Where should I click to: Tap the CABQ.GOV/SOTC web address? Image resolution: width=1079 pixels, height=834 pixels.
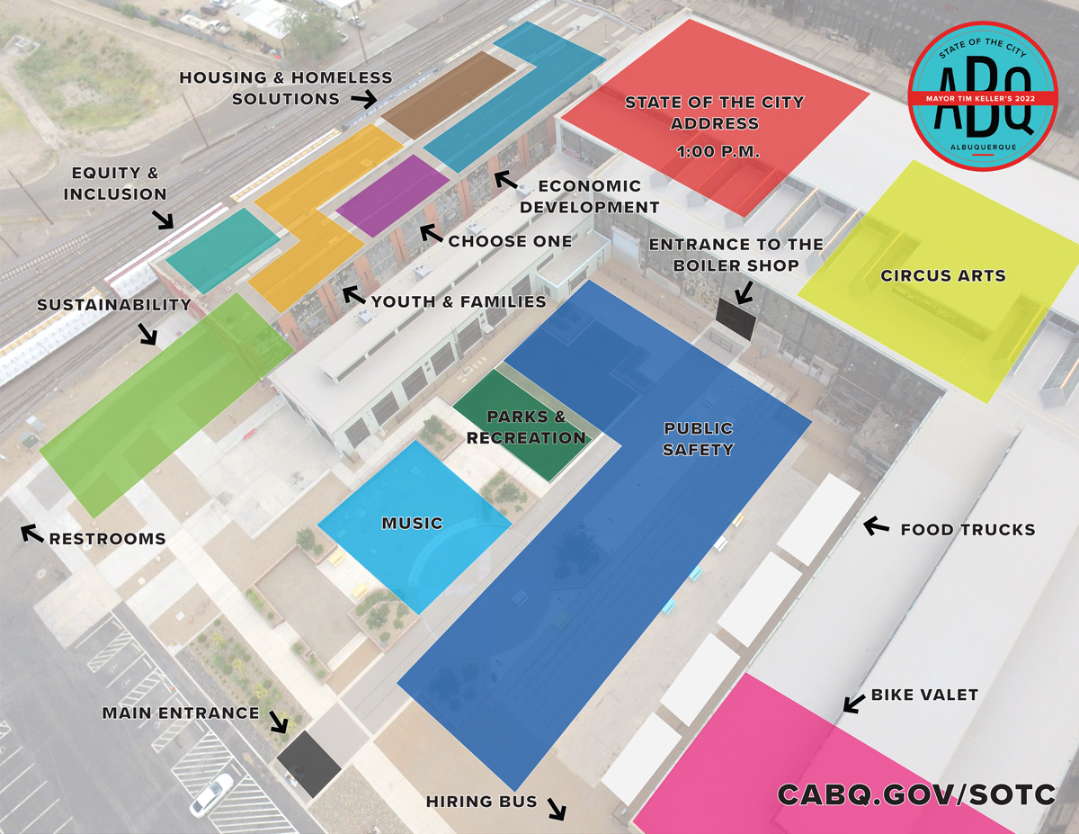point(915,794)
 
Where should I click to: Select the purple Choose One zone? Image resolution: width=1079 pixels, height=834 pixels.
point(392,195)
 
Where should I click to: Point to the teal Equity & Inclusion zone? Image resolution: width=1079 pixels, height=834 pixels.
point(222,250)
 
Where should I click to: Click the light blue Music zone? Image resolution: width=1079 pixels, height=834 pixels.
point(414,524)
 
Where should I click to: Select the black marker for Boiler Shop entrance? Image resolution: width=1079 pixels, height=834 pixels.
point(736,320)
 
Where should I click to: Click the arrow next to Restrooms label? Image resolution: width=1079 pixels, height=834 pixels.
point(32,534)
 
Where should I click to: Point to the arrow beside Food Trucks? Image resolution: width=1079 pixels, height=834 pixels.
point(875,526)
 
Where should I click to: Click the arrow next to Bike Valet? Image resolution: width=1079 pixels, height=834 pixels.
point(850,703)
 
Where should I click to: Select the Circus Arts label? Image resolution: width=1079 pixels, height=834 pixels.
point(943,275)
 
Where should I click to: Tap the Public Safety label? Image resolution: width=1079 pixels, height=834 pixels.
point(698,438)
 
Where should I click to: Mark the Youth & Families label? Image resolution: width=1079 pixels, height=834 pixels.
point(459,301)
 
